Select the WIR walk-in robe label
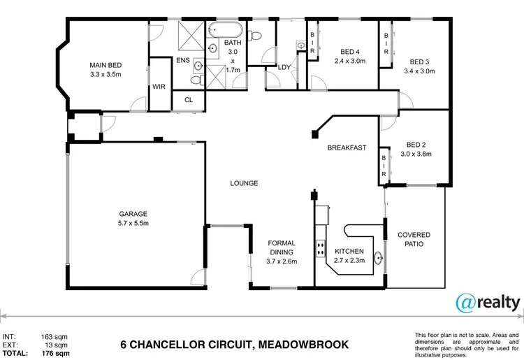tap(159, 87)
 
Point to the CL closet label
tap(188, 100)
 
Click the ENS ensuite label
tap(183, 61)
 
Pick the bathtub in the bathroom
tap(225, 31)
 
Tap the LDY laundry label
tap(284, 67)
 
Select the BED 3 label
tap(422, 66)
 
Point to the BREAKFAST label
tap(347, 147)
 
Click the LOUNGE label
tap(245, 183)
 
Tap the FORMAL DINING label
tap(282, 252)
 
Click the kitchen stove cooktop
tap(321, 248)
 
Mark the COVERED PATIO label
tap(414, 240)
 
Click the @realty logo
tap(487, 303)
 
